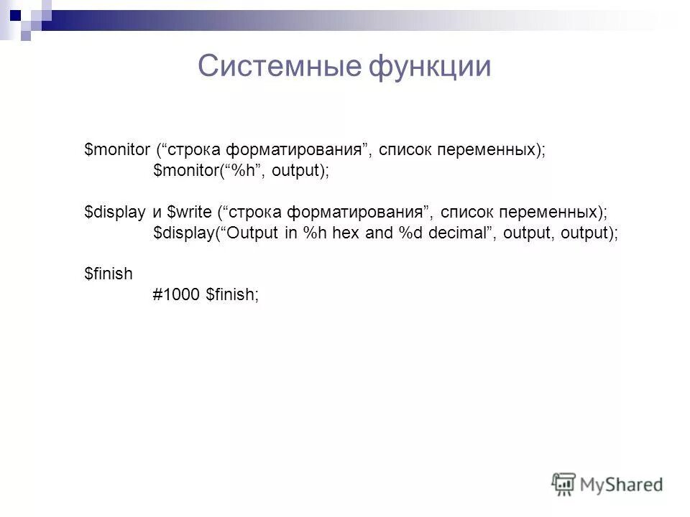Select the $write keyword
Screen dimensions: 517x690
click(x=189, y=213)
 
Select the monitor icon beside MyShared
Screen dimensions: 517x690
click(x=564, y=484)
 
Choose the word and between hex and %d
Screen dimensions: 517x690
click(x=379, y=233)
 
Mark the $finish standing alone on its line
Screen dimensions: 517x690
click(x=109, y=274)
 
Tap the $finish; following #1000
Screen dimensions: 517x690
click(x=231, y=294)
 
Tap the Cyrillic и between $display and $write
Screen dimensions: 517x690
click(x=156, y=213)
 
